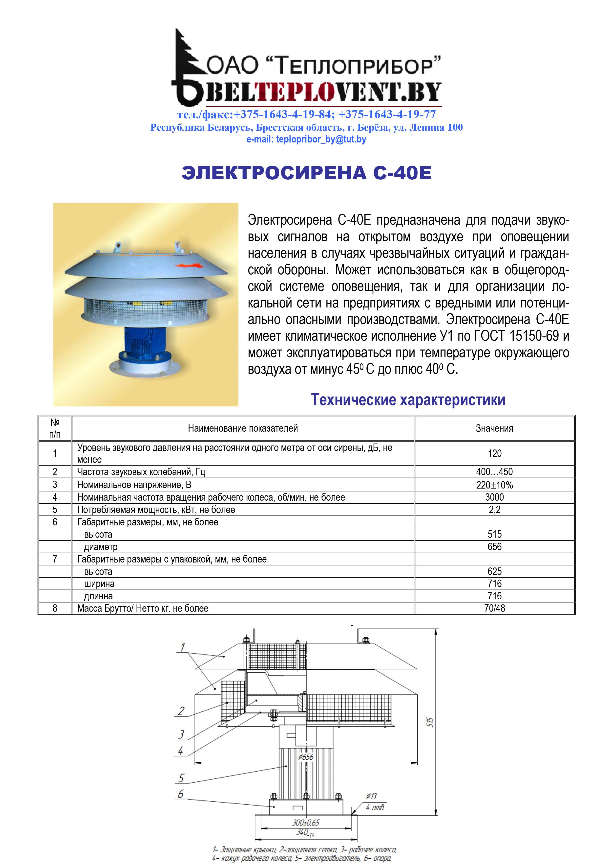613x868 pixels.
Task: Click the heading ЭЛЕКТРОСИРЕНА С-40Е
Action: [x=306, y=173]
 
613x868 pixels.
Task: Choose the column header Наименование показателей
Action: [x=243, y=428]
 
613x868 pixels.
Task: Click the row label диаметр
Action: [x=101, y=547]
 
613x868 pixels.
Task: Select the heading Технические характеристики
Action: [x=408, y=399]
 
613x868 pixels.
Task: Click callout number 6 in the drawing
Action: [x=181, y=794]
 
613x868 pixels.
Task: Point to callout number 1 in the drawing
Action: [x=182, y=647]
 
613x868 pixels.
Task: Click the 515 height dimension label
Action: [x=430, y=722]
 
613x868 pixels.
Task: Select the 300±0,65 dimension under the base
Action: [x=306, y=822]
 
